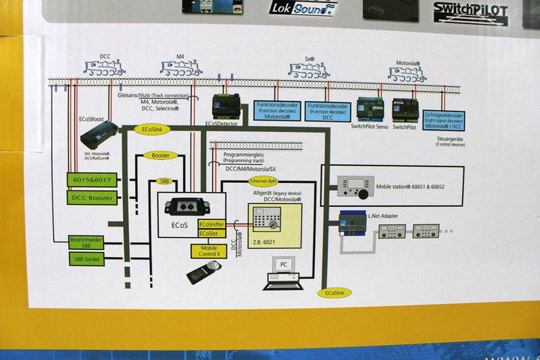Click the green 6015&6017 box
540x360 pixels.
[x=91, y=180]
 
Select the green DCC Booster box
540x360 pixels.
[x=91, y=198]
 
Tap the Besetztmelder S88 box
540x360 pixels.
[x=86, y=241]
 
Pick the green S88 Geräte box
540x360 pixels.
[x=86, y=259]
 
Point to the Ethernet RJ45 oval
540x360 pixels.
[x=264, y=181]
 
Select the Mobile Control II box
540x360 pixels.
[x=209, y=251]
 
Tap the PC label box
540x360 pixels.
[x=283, y=264]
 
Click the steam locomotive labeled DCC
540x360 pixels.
[x=104, y=69]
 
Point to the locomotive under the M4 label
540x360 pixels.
[x=180, y=69]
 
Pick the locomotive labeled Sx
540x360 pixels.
[x=310, y=72]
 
